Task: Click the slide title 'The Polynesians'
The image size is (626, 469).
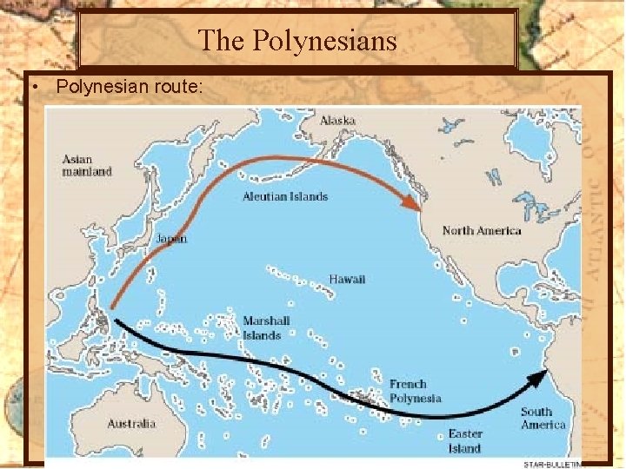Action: click(x=297, y=40)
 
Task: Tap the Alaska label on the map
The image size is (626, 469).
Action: click(x=336, y=120)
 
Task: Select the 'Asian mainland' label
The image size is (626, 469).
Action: click(x=87, y=166)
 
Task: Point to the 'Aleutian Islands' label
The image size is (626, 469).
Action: click(x=285, y=196)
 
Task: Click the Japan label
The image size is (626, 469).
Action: click(x=170, y=238)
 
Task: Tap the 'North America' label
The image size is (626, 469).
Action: click(x=482, y=230)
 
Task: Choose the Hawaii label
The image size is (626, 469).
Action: click(x=347, y=279)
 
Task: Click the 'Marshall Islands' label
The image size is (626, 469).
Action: click(x=266, y=327)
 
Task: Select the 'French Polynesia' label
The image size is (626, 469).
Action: click(x=415, y=391)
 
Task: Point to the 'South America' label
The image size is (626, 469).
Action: click(x=543, y=419)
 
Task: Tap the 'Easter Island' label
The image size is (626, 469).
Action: click(x=464, y=441)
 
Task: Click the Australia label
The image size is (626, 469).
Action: click(x=131, y=424)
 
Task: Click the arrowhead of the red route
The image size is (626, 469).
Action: click(x=410, y=202)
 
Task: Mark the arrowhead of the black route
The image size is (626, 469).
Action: click(x=541, y=376)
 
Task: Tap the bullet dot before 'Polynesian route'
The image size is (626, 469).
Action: click(x=31, y=87)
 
